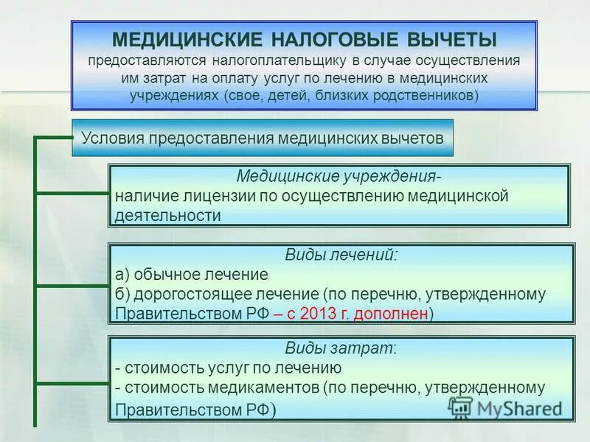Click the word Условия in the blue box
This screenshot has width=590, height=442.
coord(112,138)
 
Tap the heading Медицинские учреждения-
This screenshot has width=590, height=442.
coord(340,178)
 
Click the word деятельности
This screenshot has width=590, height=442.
coord(167,216)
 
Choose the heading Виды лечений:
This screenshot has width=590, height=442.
coord(341,256)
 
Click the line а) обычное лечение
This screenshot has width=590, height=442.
coord(192,275)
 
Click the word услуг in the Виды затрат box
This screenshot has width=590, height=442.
coord(214,368)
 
